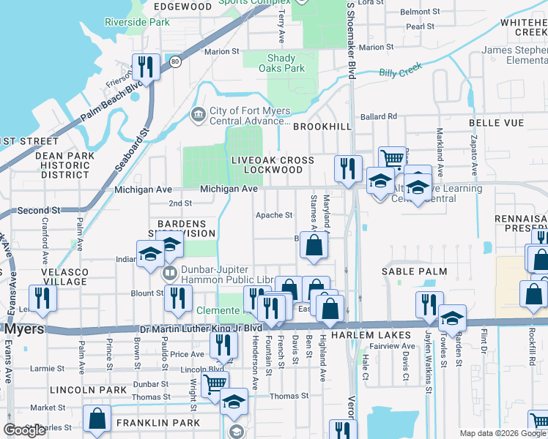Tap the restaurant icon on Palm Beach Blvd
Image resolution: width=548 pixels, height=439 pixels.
point(145,68)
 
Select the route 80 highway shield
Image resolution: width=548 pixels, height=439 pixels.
point(175,62)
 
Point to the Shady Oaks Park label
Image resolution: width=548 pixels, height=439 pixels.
point(281,63)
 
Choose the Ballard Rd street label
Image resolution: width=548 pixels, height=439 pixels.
point(377,116)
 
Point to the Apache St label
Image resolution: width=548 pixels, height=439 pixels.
point(273,215)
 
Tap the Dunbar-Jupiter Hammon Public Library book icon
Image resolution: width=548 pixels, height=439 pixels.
point(170,274)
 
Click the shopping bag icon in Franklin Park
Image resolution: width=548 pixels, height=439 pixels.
point(97,419)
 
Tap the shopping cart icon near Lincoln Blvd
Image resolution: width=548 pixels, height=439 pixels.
point(215,383)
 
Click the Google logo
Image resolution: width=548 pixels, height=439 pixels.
point(25,430)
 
